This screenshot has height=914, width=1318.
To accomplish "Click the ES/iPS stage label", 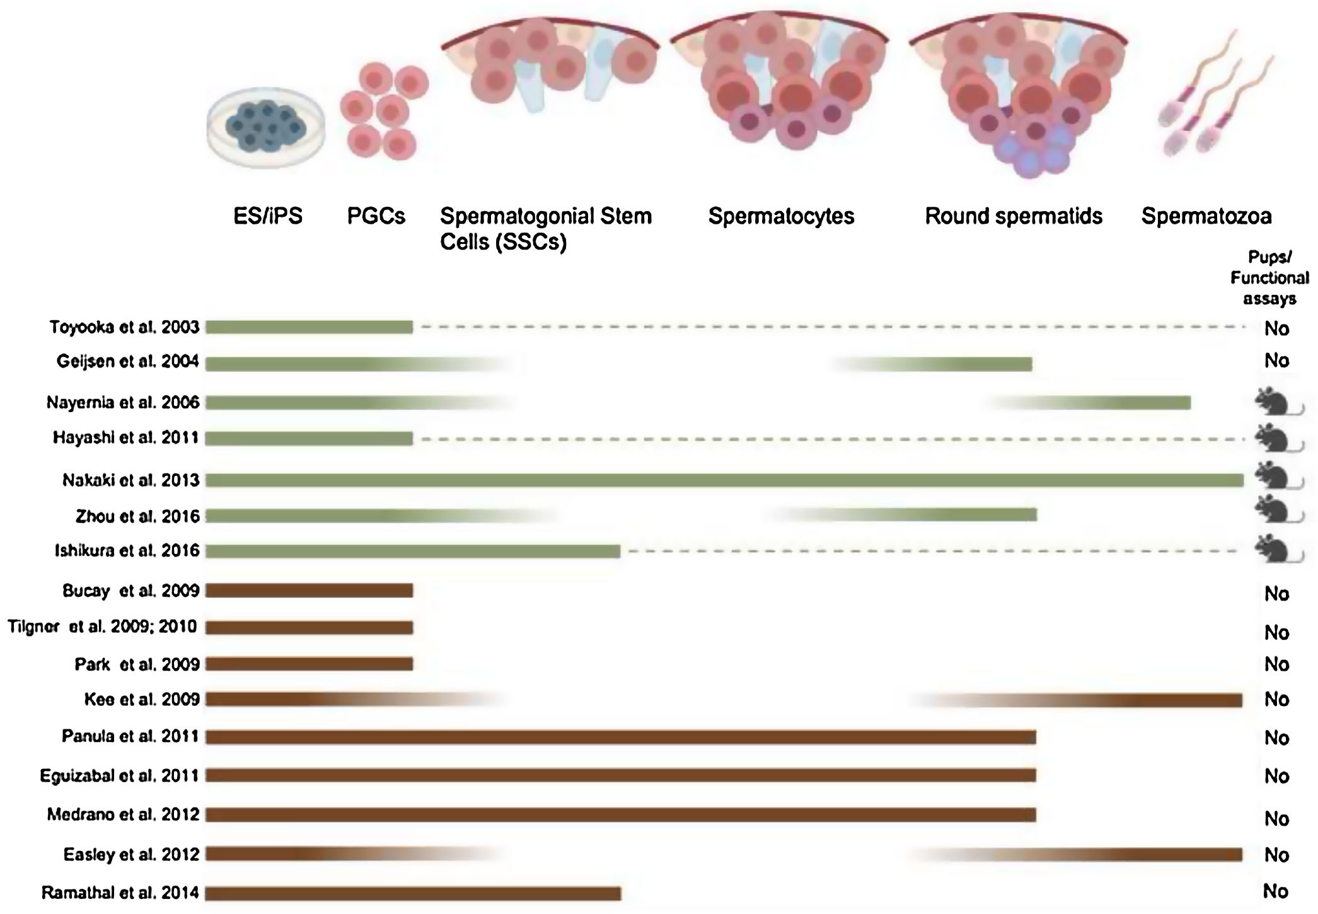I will coord(268,216).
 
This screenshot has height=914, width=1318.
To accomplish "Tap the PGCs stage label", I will coord(376,216).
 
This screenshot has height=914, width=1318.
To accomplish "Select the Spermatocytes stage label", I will coord(781,216).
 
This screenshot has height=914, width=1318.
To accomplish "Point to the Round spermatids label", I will coord(1013,216).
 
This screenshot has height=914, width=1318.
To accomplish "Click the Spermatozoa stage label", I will coord(1206,216).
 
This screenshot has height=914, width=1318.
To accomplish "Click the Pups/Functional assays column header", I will coord(1269,277).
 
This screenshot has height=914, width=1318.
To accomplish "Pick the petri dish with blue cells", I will coord(266,128).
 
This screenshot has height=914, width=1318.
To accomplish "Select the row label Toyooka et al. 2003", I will coord(124,327).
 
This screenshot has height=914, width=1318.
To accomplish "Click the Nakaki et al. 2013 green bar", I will coord(724,480).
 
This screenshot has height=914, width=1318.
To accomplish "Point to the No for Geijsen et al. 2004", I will coord(1276,361).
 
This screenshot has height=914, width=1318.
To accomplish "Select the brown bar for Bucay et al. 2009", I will coord(309,591).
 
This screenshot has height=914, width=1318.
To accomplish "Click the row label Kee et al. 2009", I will coord(142,699).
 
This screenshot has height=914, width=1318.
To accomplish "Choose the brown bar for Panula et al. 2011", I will coord(620,737).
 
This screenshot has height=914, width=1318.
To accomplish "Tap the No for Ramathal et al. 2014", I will coord(1275,891).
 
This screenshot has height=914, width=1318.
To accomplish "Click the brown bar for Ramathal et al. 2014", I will coord(413,893).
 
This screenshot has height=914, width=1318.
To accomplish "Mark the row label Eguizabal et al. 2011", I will coord(119,775).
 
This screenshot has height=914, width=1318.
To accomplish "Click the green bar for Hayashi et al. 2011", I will coord(309,438).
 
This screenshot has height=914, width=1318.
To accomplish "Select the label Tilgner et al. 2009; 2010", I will coord(102,627).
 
